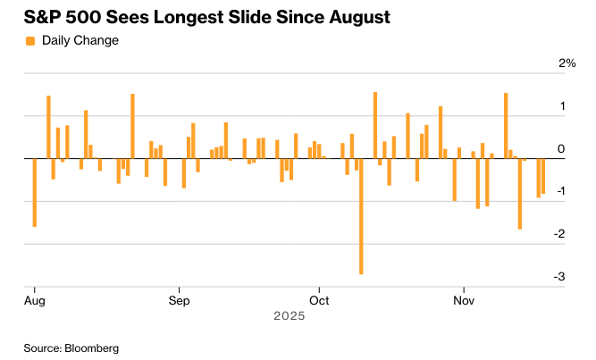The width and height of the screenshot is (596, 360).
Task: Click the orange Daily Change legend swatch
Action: [30, 40]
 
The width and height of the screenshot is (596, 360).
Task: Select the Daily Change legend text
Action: [80, 40]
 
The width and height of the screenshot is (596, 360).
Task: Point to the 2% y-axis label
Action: [567, 63]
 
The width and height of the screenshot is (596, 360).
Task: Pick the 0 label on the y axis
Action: [560, 149]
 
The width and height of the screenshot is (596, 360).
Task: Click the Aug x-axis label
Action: [34, 300]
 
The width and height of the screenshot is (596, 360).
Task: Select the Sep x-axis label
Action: [180, 300]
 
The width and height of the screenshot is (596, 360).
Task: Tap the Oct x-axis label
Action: [319, 300]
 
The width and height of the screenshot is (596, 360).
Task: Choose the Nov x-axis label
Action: [463, 300]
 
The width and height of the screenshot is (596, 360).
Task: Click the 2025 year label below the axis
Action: [290, 315]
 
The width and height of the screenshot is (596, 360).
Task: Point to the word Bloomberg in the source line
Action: [92, 347]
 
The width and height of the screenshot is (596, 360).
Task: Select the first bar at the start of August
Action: [34, 192]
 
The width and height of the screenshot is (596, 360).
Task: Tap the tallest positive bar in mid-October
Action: [375, 125]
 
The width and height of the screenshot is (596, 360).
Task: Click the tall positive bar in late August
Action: [132, 126]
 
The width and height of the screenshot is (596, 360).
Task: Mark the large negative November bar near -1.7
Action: [520, 193]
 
